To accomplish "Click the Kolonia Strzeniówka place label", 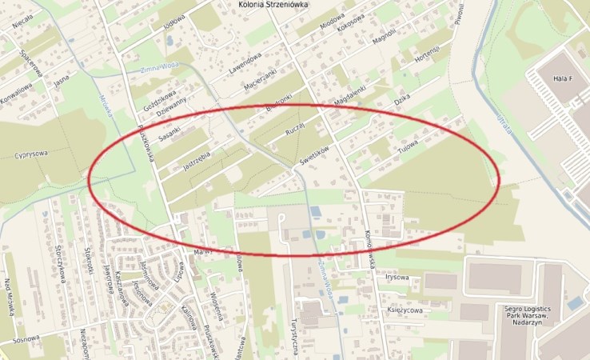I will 274,4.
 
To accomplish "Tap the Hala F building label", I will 564,78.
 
